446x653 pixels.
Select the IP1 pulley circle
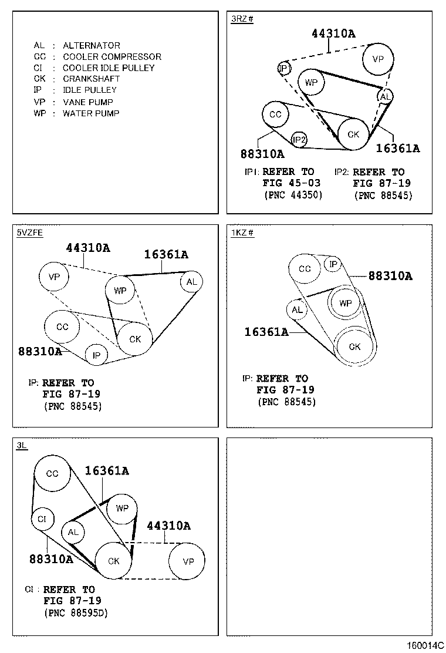[285, 69]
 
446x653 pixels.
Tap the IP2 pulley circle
[299, 139]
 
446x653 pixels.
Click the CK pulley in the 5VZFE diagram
[135, 339]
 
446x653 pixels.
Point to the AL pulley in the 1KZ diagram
[297, 309]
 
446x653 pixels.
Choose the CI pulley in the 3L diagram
[42, 519]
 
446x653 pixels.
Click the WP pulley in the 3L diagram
[121, 508]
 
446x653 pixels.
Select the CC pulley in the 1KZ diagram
[305, 269]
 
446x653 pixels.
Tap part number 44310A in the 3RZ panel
[333, 33]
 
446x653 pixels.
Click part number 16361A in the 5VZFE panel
[166, 254]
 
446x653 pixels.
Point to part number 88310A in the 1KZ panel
[390, 275]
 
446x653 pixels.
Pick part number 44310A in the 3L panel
[168, 526]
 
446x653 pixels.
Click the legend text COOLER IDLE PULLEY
[109, 68]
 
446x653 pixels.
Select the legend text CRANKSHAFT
[91, 79]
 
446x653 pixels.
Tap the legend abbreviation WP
[39, 113]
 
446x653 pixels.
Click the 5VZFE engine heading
[30, 233]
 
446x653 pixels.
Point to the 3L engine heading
[22, 446]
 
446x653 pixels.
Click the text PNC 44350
[293, 194]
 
